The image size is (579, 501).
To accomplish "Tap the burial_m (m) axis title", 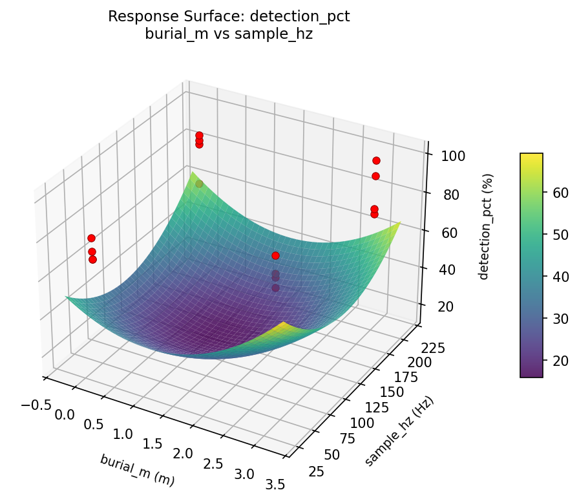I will tap(137, 470).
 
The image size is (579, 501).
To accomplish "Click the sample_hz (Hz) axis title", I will tap(399, 431).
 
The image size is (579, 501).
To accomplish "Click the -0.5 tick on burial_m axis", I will tap(36, 404).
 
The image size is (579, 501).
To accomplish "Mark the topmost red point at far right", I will tap(376, 160).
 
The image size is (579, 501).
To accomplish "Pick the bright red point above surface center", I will tap(276, 255).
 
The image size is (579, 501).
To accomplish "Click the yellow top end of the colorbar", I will tap(531, 156).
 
